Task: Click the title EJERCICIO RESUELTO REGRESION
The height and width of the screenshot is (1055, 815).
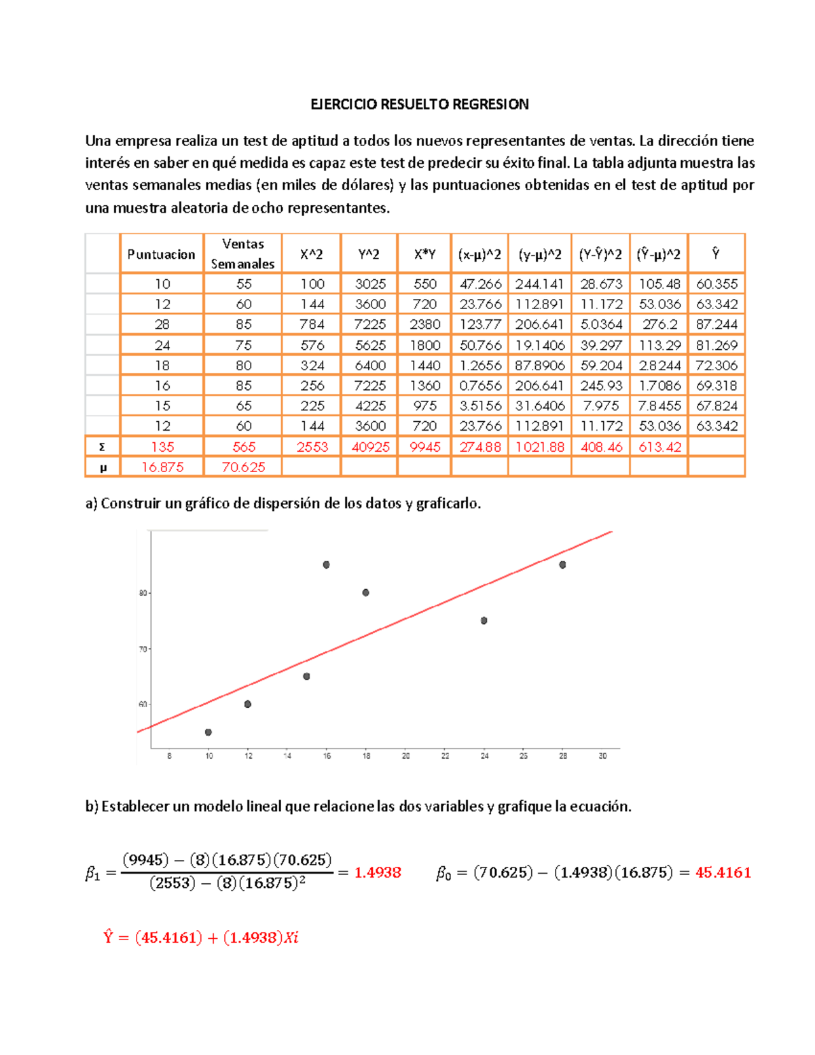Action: [x=419, y=104]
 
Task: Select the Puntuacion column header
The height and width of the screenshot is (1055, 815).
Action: [x=161, y=254]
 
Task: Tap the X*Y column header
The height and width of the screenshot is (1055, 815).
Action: [x=424, y=254]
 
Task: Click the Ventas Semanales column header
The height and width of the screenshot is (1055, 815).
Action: [x=242, y=253]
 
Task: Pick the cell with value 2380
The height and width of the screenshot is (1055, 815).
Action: [x=424, y=325]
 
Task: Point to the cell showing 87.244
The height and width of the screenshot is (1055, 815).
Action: [x=716, y=325]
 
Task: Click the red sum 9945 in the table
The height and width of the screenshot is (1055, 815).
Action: [x=424, y=447]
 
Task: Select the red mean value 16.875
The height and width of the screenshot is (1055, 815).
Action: [x=162, y=467]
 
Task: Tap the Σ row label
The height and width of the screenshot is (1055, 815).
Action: [x=102, y=447]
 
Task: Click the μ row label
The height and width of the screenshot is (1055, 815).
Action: [x=102, y=467]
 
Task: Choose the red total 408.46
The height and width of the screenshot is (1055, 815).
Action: [x=600, y=447]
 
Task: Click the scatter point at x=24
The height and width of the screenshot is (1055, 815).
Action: [x=484, y=620]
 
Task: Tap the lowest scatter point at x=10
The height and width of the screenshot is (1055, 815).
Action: [x=209, y=732]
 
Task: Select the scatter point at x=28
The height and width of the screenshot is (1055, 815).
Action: [x=562, y=565]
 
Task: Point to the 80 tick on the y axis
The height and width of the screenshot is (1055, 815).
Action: [x=143, y=593]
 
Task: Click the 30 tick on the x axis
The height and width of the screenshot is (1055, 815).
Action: [x=602, y=755]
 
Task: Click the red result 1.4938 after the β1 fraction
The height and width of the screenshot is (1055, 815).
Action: [x=378, y=872]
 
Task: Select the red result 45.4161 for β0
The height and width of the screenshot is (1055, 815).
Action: [x=723, y=872]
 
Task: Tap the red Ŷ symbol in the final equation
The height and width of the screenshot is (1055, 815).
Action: [x=108, y=937]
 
